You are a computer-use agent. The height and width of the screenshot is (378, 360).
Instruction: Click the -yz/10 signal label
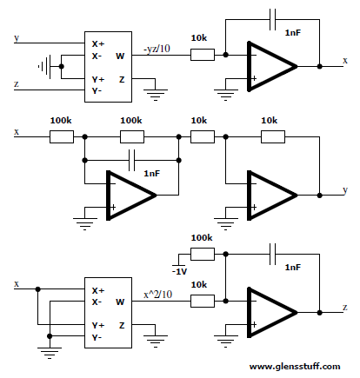pyautogui.click(x=157, y=49)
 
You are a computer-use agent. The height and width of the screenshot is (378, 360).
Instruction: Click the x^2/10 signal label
pyautogui.click(x=158, y=295)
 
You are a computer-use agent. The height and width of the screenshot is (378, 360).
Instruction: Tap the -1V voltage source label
pyautogui.click(x=179, y=272)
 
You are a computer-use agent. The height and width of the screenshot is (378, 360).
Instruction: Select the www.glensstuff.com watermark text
pyautogui.click(x=295, y=367)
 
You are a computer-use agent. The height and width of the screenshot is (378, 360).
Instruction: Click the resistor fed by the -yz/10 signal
pyautogui.click(x=203, y=55)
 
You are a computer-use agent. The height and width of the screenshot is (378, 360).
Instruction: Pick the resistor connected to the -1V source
pyautogui.click(x=203, y=254)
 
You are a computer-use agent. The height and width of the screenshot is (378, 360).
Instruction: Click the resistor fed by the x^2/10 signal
pyautogui.click(x=203, y=301)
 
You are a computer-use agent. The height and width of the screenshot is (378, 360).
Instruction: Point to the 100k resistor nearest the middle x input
pyautogui.click(x=62, y=136)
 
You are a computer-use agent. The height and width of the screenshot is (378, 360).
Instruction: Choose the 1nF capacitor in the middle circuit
pyautogui.click(x=131, y=160)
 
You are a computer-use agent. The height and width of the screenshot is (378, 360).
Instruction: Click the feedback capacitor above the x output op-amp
pyautogui.click(x=272, y=20)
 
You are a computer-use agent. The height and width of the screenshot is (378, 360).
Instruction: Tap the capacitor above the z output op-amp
pyautogui.click(x=272, y=254)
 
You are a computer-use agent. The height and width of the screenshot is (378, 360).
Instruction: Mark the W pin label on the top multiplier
pyautogui.click(x=120, y=56)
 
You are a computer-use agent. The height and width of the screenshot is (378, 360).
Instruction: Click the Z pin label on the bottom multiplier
pyautogui.click(x=122, y=325)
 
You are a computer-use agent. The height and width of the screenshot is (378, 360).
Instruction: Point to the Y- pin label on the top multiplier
pyautogui.click(x=97, y=91)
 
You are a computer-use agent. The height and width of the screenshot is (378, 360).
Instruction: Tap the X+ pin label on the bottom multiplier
pyautogui.click(x=98, y=290)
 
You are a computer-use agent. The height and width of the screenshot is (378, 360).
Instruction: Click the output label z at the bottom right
pyautogui.click(x=345, y=308)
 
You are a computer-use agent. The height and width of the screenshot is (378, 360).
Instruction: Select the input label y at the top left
pyautogui.click(x=17, y=38)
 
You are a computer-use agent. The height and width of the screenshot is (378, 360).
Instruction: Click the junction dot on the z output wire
pyautogui.click(x=319, y=313)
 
